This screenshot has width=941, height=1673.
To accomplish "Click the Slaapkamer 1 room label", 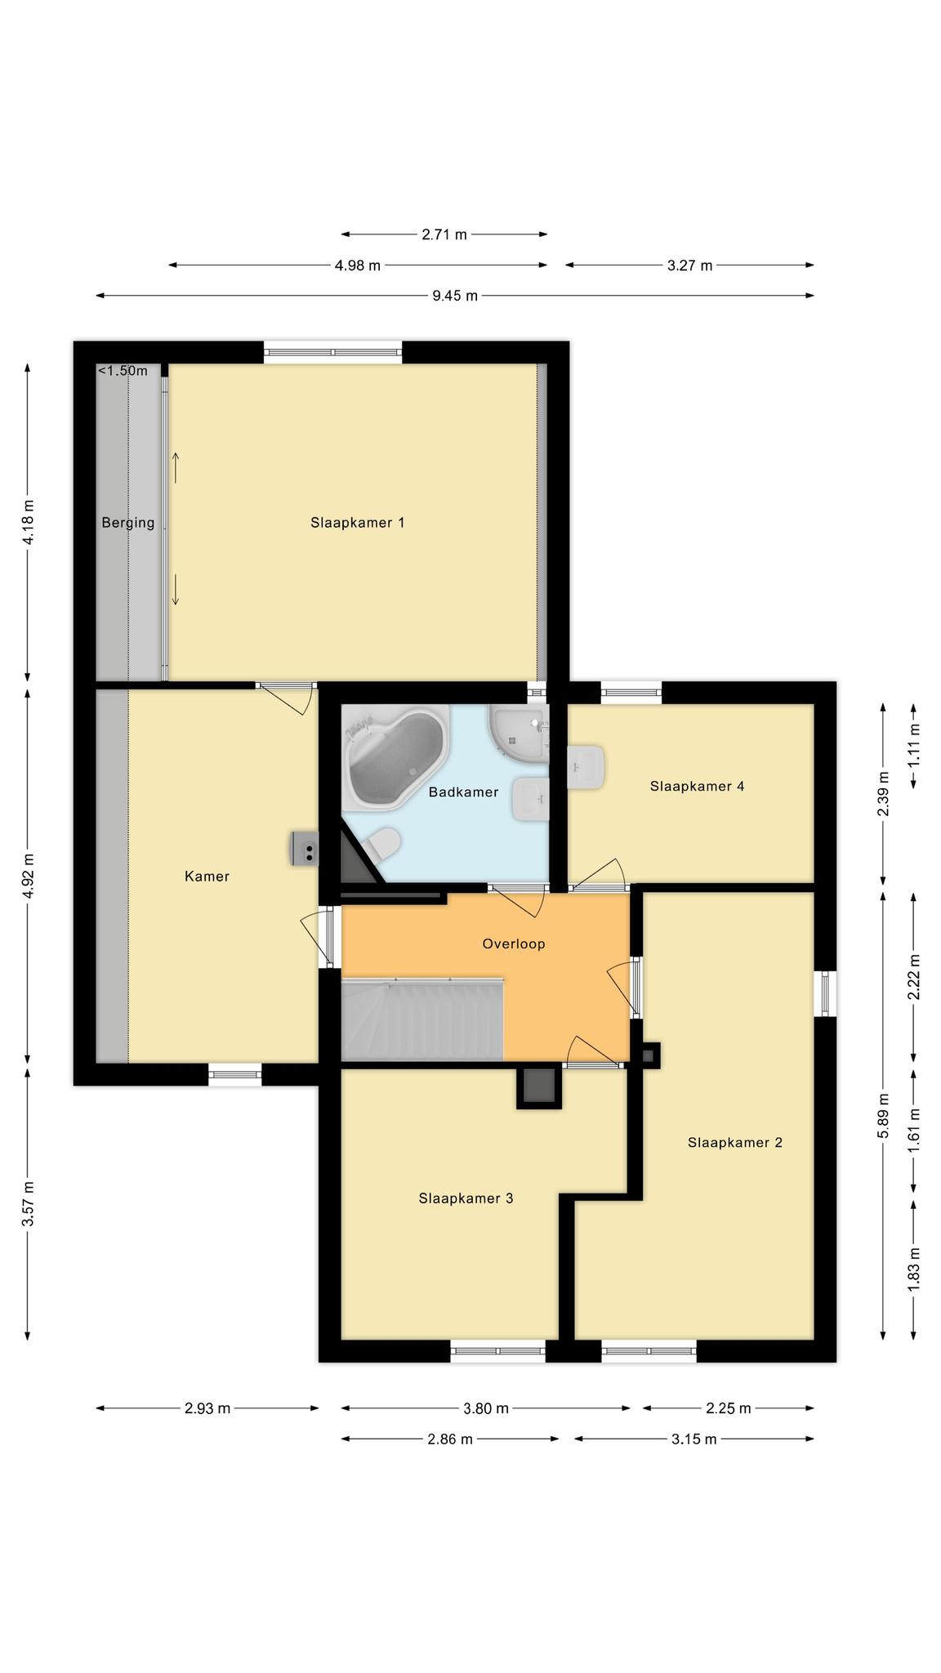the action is (x=357, y=523).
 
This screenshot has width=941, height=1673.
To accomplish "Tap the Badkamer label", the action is (x=463, y=792).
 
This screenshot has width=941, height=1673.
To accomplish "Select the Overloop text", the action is (x=513, y=944).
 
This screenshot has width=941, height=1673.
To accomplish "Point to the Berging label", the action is (x=127, y=523).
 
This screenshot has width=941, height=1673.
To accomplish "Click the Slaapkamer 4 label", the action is (x=697, y=786).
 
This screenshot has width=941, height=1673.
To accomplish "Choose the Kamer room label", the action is (x=207, y=876).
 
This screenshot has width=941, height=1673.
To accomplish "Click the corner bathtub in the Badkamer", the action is (x=394, y=756).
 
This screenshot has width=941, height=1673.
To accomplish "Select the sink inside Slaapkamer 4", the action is (x=586, y=767).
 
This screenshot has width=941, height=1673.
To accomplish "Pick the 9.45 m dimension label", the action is (x=455, y=296).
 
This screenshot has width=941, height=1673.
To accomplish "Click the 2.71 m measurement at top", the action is (x=444, y=234).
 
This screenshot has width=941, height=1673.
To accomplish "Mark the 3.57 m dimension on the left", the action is (x=28, y=1203).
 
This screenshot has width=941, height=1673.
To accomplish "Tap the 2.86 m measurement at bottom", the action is (x=450, y=1439).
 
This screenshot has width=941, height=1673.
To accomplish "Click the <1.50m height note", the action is (x=123, y=371).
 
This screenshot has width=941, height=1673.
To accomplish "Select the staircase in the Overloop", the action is (x=421, y=1019).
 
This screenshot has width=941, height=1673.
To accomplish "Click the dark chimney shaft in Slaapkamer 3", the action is (x=539, y=1087).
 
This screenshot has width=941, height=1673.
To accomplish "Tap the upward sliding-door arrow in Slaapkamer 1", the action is (x=175, y=467).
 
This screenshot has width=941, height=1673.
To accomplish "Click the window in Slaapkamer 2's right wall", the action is (x=826, y=993).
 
